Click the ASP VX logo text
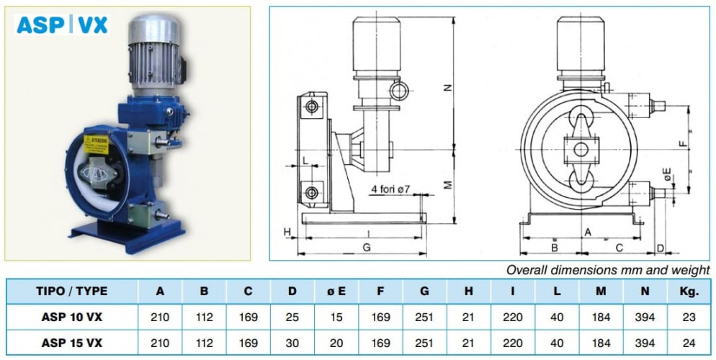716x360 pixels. coord(62,25)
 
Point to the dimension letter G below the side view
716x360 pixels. coord(366,247)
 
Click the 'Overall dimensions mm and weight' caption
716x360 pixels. coord(607,270)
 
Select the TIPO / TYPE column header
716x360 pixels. coord(72,292)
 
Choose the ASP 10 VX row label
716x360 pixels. coord(72,317)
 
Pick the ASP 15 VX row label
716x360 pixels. coord(72,342)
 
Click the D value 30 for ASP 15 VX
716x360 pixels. coord(292,342)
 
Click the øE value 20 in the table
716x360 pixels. coord(336,342)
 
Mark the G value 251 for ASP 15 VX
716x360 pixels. coord(425,342)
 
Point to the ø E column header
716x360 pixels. coord(336,292)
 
